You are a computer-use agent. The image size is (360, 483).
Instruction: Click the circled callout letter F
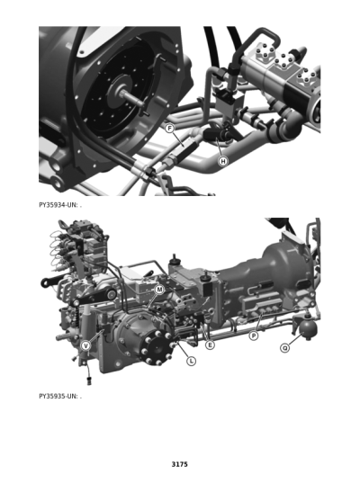(x=169, y=128)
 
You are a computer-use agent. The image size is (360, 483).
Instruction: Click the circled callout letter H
(x=223, y=161)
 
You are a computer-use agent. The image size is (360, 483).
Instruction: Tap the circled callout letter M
(x=159, y=290)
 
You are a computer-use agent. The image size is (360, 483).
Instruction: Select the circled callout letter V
(x=85, y=345)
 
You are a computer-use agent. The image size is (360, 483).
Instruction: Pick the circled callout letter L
(x=192, y=361)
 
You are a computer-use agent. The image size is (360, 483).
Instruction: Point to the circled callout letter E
(x=211, y=345)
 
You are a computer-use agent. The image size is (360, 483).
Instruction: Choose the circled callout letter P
(x=254, y=335)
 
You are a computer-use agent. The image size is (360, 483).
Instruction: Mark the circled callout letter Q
(x=285, y=348)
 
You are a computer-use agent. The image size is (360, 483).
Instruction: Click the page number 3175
(x=180, y=464)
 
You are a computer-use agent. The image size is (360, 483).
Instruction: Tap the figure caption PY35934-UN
(x=58, y=205)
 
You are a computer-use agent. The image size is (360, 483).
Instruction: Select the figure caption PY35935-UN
(x=58, y=396)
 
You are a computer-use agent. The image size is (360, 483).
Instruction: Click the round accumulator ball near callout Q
(x=309, y=328)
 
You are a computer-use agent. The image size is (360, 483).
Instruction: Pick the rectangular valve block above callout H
(x=229, y=103)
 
